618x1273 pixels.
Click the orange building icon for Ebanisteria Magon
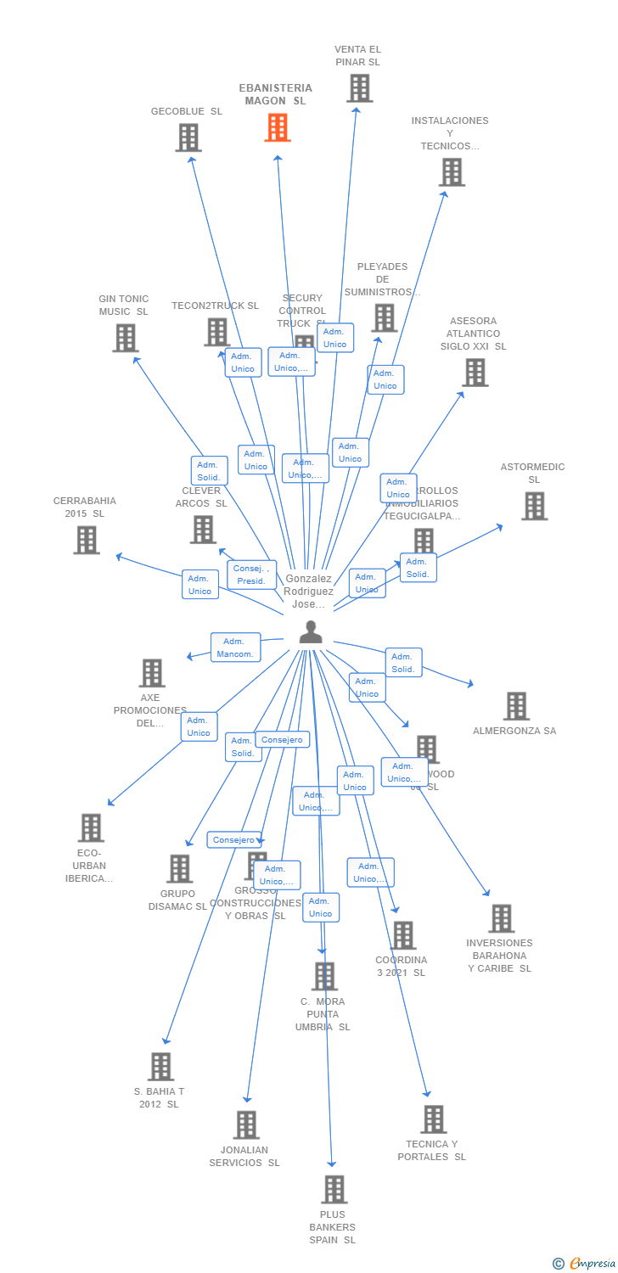point(278,127)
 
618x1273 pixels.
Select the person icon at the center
point(312,632)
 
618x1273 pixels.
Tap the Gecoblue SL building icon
point(188,137)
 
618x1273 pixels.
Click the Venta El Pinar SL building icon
point(359,88)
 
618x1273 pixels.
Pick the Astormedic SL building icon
point(534,506)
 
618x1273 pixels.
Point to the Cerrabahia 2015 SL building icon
point(86,540)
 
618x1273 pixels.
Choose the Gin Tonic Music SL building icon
point(125,338)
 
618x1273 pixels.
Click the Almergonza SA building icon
point(516,706)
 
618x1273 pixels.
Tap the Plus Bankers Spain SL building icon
point(334,1189)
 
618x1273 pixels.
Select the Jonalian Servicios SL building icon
point(246,1124)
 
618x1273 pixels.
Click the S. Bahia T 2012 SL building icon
point(160,1067)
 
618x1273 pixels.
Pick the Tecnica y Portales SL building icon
point(433,1119)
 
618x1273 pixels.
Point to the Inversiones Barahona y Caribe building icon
point(501,918)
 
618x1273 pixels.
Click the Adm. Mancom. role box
point(235,648)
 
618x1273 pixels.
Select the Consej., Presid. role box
point(251,575)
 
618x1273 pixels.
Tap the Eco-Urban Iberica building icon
point(91,827)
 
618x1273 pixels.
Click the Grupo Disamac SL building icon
point(179,869)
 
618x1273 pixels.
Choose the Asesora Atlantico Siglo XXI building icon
point(475,372)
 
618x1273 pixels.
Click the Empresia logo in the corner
point(585,1264)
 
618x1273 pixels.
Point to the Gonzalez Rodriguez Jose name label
point(308,592)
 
